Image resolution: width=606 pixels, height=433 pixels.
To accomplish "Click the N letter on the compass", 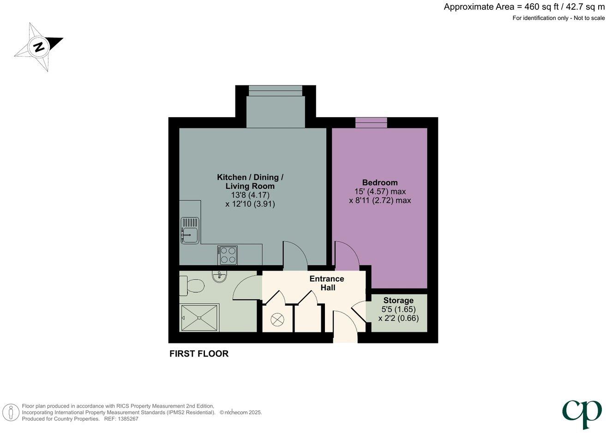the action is pos(40,48).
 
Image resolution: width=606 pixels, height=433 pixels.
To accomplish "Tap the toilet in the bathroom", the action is pos(192,286).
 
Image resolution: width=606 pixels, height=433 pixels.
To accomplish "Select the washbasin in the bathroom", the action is pos(219,277).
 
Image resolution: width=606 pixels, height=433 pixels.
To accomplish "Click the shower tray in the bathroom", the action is pos(200,318).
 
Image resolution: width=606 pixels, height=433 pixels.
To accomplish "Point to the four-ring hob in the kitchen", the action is pos(227,255).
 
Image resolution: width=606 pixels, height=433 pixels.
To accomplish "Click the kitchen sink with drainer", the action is pos(190,230).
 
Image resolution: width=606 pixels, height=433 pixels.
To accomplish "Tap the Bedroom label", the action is pos(380,182).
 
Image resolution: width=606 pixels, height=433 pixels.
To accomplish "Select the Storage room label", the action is pos(398,301).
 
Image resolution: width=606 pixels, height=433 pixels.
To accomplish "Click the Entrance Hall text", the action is pos(327,283).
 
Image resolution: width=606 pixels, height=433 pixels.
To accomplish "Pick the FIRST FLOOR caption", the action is pos(199,354).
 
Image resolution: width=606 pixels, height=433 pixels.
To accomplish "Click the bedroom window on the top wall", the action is pos(371,123).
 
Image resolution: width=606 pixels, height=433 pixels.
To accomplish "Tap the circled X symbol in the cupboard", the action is pos(277,319).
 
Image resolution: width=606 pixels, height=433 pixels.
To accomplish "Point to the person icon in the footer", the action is pos(11,412).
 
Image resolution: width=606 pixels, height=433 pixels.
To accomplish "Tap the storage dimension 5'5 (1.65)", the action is pos(398,309).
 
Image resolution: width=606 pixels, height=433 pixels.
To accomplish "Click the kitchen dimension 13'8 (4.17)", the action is pos(250,195).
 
